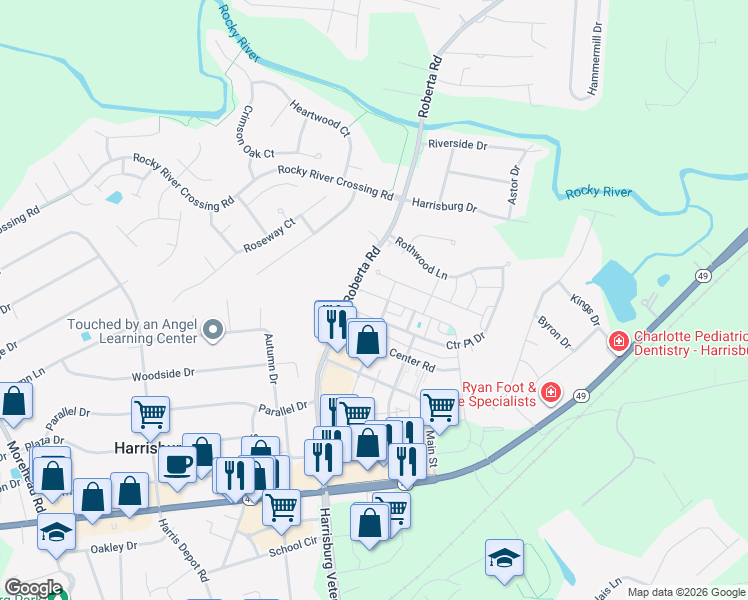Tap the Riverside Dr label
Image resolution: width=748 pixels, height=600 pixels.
click(457, 144)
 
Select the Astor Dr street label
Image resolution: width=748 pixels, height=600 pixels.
click(514, 186)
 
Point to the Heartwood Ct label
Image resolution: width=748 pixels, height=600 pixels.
click(320, 118)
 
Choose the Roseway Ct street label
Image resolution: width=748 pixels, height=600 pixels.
click(270, 236)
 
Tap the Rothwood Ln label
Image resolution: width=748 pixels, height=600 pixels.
click(420, 258)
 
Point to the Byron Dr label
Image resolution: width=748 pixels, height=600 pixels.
click(553, 334)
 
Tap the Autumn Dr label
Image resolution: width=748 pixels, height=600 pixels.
click(270, 360)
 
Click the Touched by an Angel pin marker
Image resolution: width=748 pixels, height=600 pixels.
click(212, 329)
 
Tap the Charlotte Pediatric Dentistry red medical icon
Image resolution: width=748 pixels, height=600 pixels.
click(619, 343)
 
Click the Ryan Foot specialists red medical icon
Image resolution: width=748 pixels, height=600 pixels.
click(550, 393)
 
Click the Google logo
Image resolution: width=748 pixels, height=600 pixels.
click(33, 588)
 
